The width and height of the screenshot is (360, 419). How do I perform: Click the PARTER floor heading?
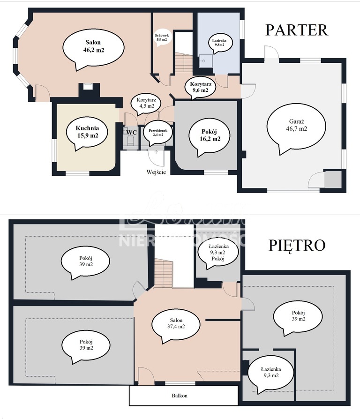[296, 30]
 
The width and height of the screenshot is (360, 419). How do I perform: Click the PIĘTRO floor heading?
[297, 245]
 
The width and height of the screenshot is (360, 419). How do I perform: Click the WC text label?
[131, 133]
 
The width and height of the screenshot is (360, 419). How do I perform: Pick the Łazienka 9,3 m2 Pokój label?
[218, 253]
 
